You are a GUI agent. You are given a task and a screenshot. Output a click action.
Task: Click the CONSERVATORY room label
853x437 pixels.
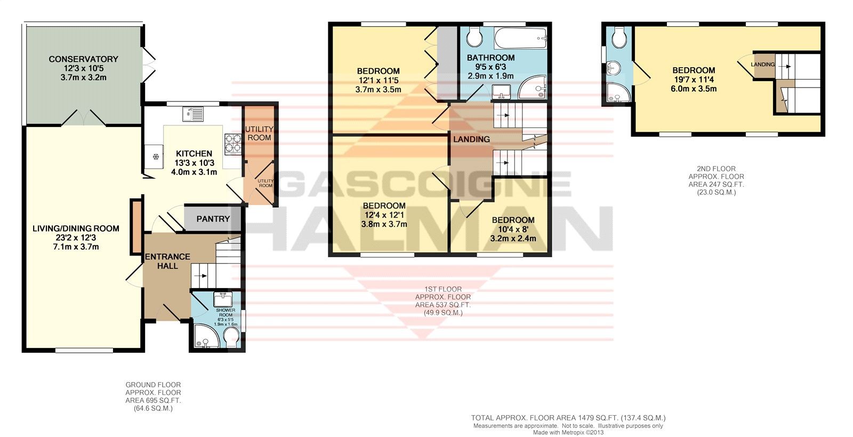tap(83, 59)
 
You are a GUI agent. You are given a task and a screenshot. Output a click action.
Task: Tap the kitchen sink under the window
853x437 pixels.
tap(193, 114)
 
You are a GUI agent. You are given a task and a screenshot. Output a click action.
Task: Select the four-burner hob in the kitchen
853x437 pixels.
tap(232, 143)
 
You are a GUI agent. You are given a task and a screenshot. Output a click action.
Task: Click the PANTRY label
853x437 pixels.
tap(213, 219)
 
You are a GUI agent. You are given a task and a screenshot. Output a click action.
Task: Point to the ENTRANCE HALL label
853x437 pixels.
tap(167, 261)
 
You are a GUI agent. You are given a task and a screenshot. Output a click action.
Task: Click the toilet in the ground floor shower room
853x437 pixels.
tap(231, 337)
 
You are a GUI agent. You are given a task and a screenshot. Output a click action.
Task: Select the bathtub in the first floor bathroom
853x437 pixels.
tap(521, 38)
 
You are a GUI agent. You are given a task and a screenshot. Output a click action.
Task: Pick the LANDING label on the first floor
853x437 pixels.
tap(471, 139)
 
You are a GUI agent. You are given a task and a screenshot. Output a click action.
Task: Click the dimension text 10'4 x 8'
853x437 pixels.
tap(512, 229)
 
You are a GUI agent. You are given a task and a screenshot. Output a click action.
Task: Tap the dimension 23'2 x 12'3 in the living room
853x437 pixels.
tap(76, 238)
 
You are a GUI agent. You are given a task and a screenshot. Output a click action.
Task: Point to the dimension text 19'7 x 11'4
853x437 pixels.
tap(694, 80)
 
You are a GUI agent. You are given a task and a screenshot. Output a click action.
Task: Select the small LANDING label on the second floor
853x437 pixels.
tap(763, 65)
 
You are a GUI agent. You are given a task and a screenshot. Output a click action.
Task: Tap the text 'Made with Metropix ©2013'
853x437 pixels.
tap(568, 432)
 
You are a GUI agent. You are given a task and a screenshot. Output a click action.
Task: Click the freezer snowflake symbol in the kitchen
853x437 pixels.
tap(155, 156)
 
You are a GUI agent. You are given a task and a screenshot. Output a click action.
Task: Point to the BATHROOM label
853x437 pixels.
tap(490, 58)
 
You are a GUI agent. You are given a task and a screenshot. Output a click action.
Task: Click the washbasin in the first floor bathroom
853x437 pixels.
tap(501, 91)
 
